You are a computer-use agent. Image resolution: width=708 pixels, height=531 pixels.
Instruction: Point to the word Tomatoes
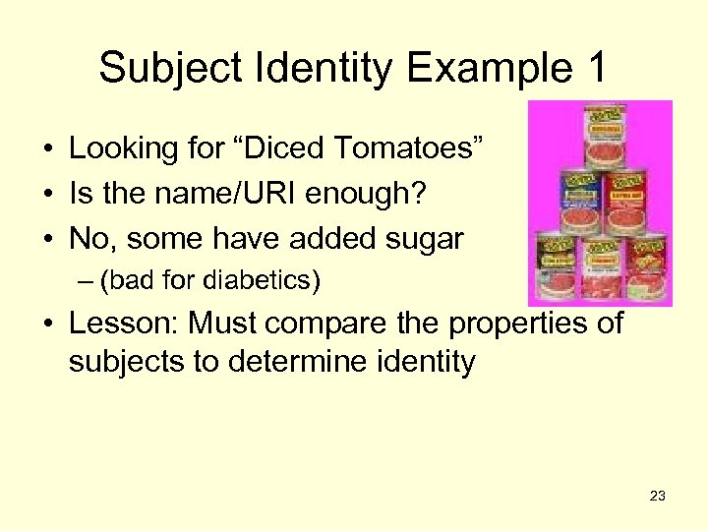point(408,148)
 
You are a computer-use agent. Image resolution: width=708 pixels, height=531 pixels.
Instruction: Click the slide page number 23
point(658,497)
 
